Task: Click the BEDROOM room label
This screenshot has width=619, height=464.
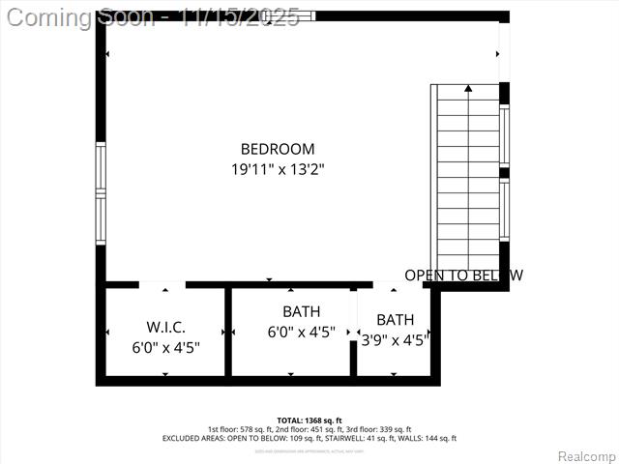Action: coord(278,149)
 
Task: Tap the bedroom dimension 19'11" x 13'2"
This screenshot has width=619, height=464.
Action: coord(278,168)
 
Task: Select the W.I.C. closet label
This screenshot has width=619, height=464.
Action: coord(166,328)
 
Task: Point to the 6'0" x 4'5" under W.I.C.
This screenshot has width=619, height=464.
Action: coord(166,347)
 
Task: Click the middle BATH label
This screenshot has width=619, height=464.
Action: coord(301,311)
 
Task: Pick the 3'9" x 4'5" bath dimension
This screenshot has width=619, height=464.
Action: coord(395,339)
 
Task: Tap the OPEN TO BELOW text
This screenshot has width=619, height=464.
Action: coord(463,275)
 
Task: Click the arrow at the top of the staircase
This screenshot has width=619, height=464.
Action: coord(468,89)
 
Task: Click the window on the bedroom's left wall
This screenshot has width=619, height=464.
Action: coord(100,193)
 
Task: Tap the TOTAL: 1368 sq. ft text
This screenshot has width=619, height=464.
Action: coord(309,420)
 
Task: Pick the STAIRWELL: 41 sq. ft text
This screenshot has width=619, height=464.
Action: coord(367,438)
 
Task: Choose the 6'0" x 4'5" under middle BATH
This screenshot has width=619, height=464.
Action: coord(301,332)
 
